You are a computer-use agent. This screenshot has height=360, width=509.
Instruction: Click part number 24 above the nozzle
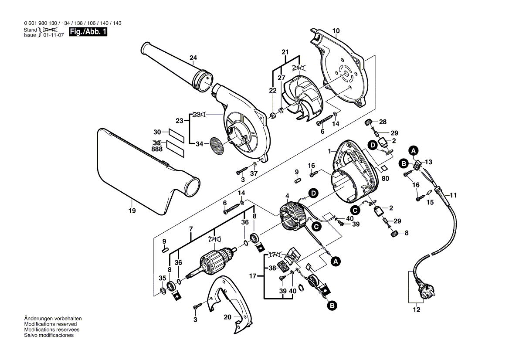point(193,58)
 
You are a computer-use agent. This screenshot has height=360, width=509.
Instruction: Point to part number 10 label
point(336,31)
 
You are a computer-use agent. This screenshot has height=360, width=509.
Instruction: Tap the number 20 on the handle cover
point(227,317)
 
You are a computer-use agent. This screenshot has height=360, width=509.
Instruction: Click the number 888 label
point(157,149)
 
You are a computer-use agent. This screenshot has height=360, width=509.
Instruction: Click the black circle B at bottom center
point(332,306)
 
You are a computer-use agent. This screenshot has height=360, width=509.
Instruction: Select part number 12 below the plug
point(416,310)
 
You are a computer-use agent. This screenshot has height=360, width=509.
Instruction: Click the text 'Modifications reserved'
point(51,324)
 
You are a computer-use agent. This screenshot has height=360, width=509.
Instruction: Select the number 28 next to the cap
point(382,122)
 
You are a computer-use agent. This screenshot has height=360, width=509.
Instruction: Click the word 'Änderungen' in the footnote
point(38,319)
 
